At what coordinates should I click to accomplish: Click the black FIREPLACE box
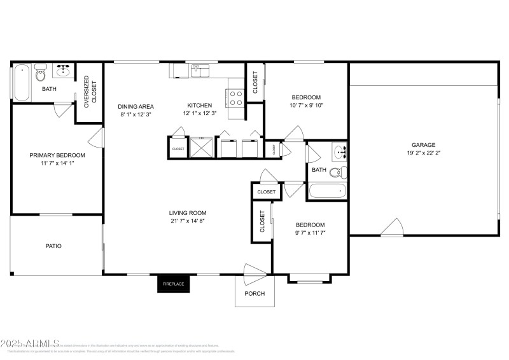pyautogui.click(x=174, y=284)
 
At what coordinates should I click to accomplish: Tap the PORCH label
pyautogui.click(x=254, y=293)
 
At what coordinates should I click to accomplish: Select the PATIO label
pyautogui.click(x=53, y=246)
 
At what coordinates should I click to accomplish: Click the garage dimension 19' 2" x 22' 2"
pyautogui.click(x=422, y=153)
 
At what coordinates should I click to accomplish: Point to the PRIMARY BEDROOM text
pyautogui.click(x=57, y=155)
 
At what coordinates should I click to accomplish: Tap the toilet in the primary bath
pyautogui.click(x=41, y=74)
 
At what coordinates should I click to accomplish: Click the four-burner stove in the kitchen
pyautogui.click(x=235, y=97)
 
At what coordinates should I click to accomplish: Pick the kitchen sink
pyautogui.click(x=200, y=71)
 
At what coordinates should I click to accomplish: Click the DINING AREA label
pyautogui.click(x=136, y=106)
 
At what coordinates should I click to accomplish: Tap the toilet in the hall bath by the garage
pyautogui.click(x=342, y=171)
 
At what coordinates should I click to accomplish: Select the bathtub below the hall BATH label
pyautogui.click(x=327, y=191)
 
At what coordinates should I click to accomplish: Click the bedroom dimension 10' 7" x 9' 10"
pyautogui.click(x=307, y=106)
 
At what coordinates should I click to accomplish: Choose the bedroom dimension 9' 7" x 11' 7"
pyautogui.click(x=310, y=233)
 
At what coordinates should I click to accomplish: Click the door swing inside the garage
pyautogui.click(x=393, y=227)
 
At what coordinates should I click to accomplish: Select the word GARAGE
pyautogui.click(x=422, y=145)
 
